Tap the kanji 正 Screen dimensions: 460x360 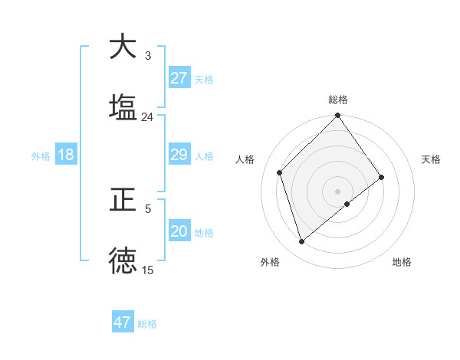[123, 201]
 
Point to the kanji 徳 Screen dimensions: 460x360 [123, 260]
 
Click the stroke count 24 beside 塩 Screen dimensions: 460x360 [147, 116]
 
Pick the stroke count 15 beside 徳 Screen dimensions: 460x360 [147, 270]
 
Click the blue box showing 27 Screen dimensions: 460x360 [179, 78]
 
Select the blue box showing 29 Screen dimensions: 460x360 [179, 155]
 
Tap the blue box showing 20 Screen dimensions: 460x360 [179, 231]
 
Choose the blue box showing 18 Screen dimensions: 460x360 [66, 155]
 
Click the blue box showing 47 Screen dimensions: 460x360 [123, 322]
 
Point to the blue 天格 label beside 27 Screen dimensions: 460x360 [204, 80]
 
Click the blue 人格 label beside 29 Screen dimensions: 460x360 [204, 156]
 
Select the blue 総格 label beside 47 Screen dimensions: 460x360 [147, 324]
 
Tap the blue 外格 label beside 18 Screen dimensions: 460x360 [41, 156]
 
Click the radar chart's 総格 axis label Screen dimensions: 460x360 [338, 100]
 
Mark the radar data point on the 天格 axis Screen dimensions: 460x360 [382, 178]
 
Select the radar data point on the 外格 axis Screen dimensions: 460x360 [301, 242]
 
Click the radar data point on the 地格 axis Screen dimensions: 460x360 [347, 204]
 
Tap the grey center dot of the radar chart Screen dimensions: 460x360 [338, 191]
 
